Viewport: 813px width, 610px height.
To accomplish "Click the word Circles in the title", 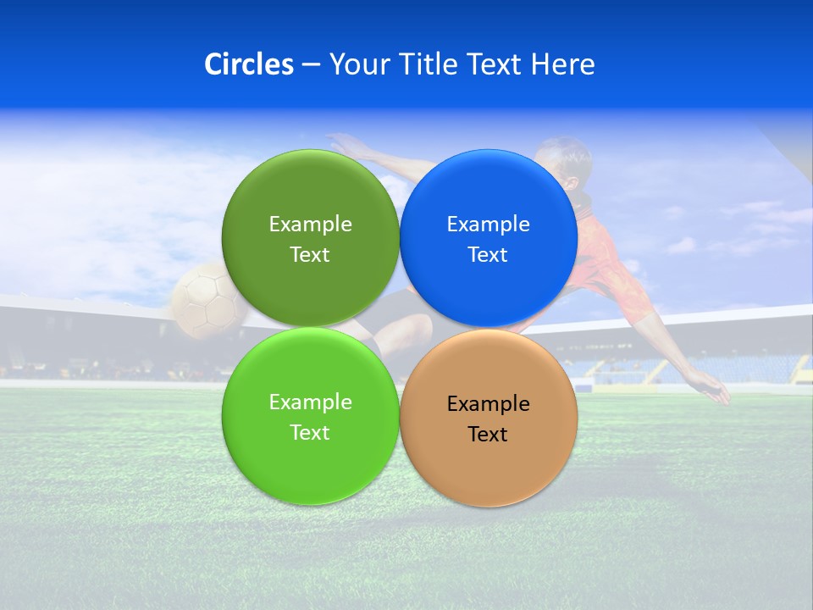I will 249,64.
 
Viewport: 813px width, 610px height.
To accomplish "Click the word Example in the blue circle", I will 489,225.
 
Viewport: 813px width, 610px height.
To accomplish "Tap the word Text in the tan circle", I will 488,435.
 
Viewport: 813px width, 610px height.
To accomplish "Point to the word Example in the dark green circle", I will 310,225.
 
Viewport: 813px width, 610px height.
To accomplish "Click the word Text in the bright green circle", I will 310,433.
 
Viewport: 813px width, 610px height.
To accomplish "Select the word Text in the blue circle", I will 488,255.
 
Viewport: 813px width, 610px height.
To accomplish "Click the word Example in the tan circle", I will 489,404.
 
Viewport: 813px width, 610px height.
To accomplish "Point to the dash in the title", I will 311,65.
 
